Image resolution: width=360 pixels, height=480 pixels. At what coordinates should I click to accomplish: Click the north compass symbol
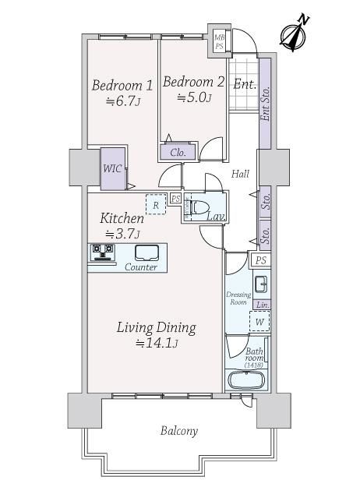293,34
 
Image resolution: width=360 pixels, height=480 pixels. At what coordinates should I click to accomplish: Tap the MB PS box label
219,41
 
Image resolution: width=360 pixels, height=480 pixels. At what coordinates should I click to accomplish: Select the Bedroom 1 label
122,85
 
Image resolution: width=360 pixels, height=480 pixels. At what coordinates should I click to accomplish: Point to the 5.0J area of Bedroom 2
194,97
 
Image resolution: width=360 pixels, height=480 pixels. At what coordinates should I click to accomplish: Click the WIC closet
113,168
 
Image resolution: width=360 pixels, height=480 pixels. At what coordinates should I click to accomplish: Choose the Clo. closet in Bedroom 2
178,152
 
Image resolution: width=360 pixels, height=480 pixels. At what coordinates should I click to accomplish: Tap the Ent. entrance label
245,84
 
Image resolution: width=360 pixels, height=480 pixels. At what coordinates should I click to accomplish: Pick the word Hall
240,174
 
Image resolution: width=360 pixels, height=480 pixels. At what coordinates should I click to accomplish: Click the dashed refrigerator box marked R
156,204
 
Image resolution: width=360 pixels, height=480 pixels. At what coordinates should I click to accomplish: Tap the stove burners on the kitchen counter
103,252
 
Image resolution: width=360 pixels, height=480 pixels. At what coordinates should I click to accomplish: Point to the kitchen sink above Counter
147,252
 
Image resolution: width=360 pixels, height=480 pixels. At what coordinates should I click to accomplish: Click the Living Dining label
157,327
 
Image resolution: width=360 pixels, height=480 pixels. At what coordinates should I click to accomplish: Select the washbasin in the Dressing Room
261,284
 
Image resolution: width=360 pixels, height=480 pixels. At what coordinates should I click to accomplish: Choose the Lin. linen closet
263,305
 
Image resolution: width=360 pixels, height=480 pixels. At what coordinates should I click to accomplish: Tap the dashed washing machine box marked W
259,321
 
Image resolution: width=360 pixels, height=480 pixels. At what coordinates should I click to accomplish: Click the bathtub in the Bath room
247,380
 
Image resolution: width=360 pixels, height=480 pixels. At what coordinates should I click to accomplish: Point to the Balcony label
179,431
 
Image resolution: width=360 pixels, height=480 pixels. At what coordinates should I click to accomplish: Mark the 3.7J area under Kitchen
122,234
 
